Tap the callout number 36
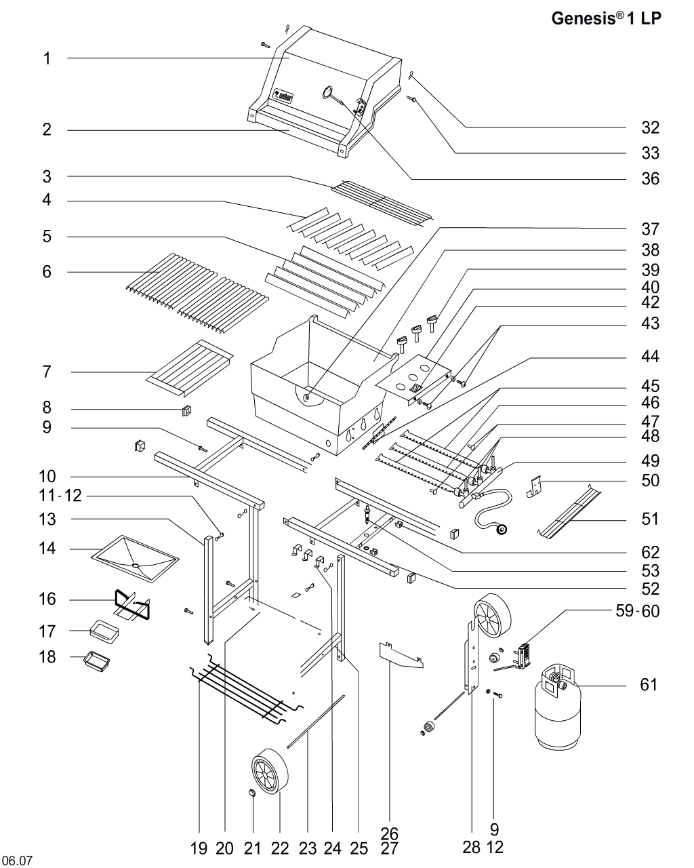tap(650, 178)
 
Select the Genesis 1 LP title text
tap(606, 18)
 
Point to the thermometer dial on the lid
tap(328, 92)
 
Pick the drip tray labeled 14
tap(136, 557)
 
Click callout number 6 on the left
tap(47, 272)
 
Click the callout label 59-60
tap(637, 611)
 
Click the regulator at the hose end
tap(502, 528)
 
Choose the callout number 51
tap(650, 519)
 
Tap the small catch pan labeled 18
tap(98, 661)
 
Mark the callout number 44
tap(650, 357)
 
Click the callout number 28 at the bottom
tap(471, 847)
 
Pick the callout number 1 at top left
tap(47, 58)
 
